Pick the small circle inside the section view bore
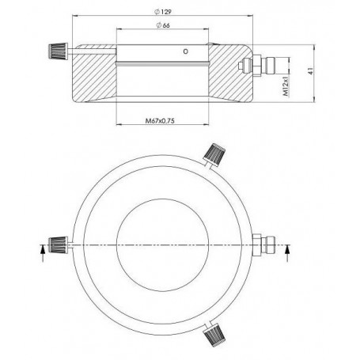(x=186, y=53)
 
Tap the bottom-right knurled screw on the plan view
(x=214, y=339)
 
